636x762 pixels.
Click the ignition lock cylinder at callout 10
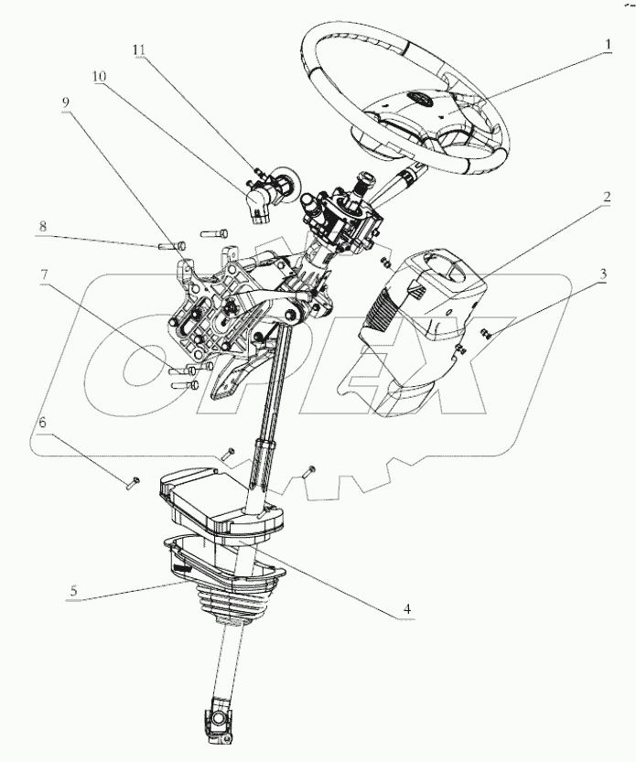[259, 196]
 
